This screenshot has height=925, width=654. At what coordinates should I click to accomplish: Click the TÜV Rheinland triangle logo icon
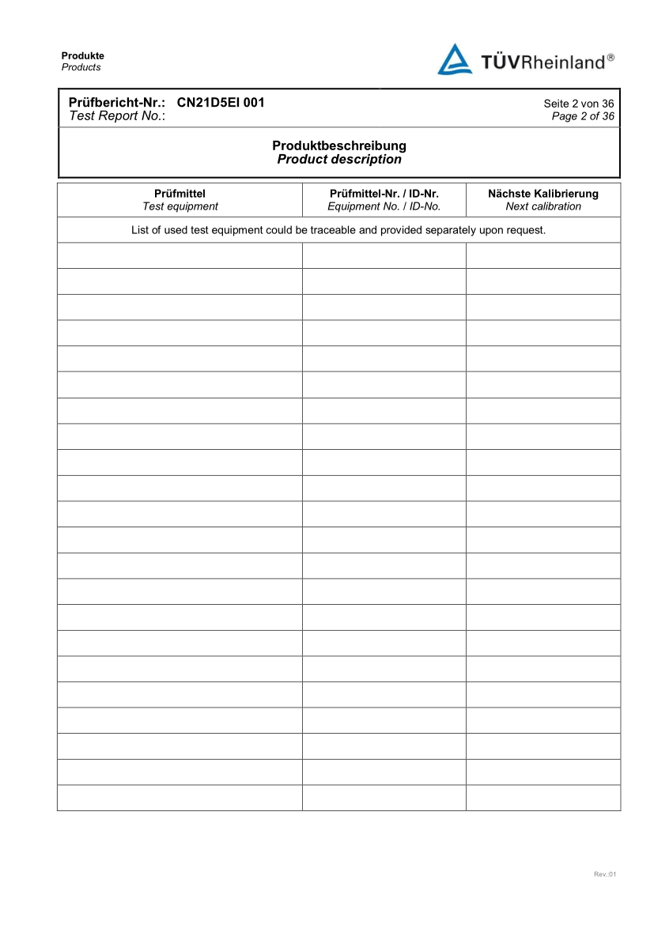click(x=455, y=59)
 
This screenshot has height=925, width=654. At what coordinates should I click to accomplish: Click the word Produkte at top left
click(x=83, y=56)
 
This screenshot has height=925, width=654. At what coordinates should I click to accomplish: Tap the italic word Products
click(x=81, y=67)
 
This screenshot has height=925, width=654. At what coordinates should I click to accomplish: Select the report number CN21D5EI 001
click(x=221, y=103)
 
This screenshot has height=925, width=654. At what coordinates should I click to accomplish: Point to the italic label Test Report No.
click(x=117, y=115)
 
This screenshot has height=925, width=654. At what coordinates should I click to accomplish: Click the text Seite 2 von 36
click(x=579, y=104)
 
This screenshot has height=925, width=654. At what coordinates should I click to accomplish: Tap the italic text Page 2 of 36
click(x=583, y=116)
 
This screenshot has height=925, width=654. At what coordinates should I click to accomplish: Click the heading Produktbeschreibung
click(x=339, y=146)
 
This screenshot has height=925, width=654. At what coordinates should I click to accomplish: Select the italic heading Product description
click(x=339, y=160)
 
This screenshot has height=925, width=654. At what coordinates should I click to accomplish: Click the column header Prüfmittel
click(x=180, y=194)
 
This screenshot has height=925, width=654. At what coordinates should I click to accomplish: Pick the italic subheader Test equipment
click(x=180, y=206)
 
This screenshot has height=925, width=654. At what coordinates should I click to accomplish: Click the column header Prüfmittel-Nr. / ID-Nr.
click(x=384, y=194)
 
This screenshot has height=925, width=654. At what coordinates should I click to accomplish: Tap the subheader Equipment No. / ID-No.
click(x=384, y=206)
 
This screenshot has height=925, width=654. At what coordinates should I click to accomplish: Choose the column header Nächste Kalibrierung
click(x=543, y=194)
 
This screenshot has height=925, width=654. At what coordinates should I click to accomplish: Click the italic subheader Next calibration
click(x=543, y=206)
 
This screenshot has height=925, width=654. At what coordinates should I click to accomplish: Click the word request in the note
click(x=525, y=231)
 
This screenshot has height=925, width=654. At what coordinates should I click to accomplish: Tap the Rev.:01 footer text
click(x=604, y=874)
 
